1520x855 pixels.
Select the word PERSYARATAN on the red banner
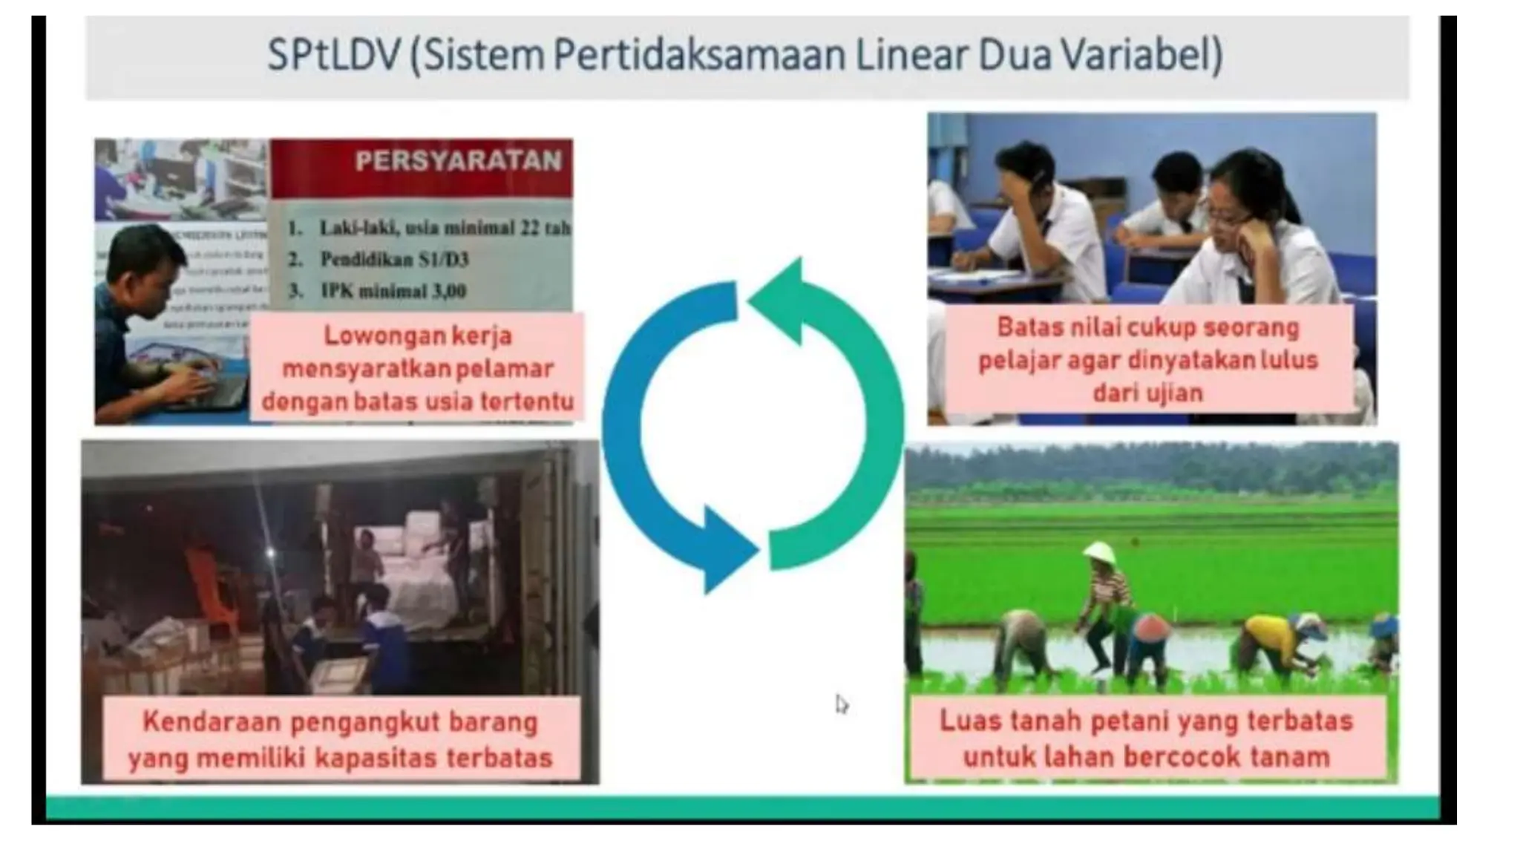458,161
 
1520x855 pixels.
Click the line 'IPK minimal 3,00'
393,290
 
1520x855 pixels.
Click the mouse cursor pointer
841,704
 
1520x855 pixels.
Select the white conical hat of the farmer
1099,552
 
